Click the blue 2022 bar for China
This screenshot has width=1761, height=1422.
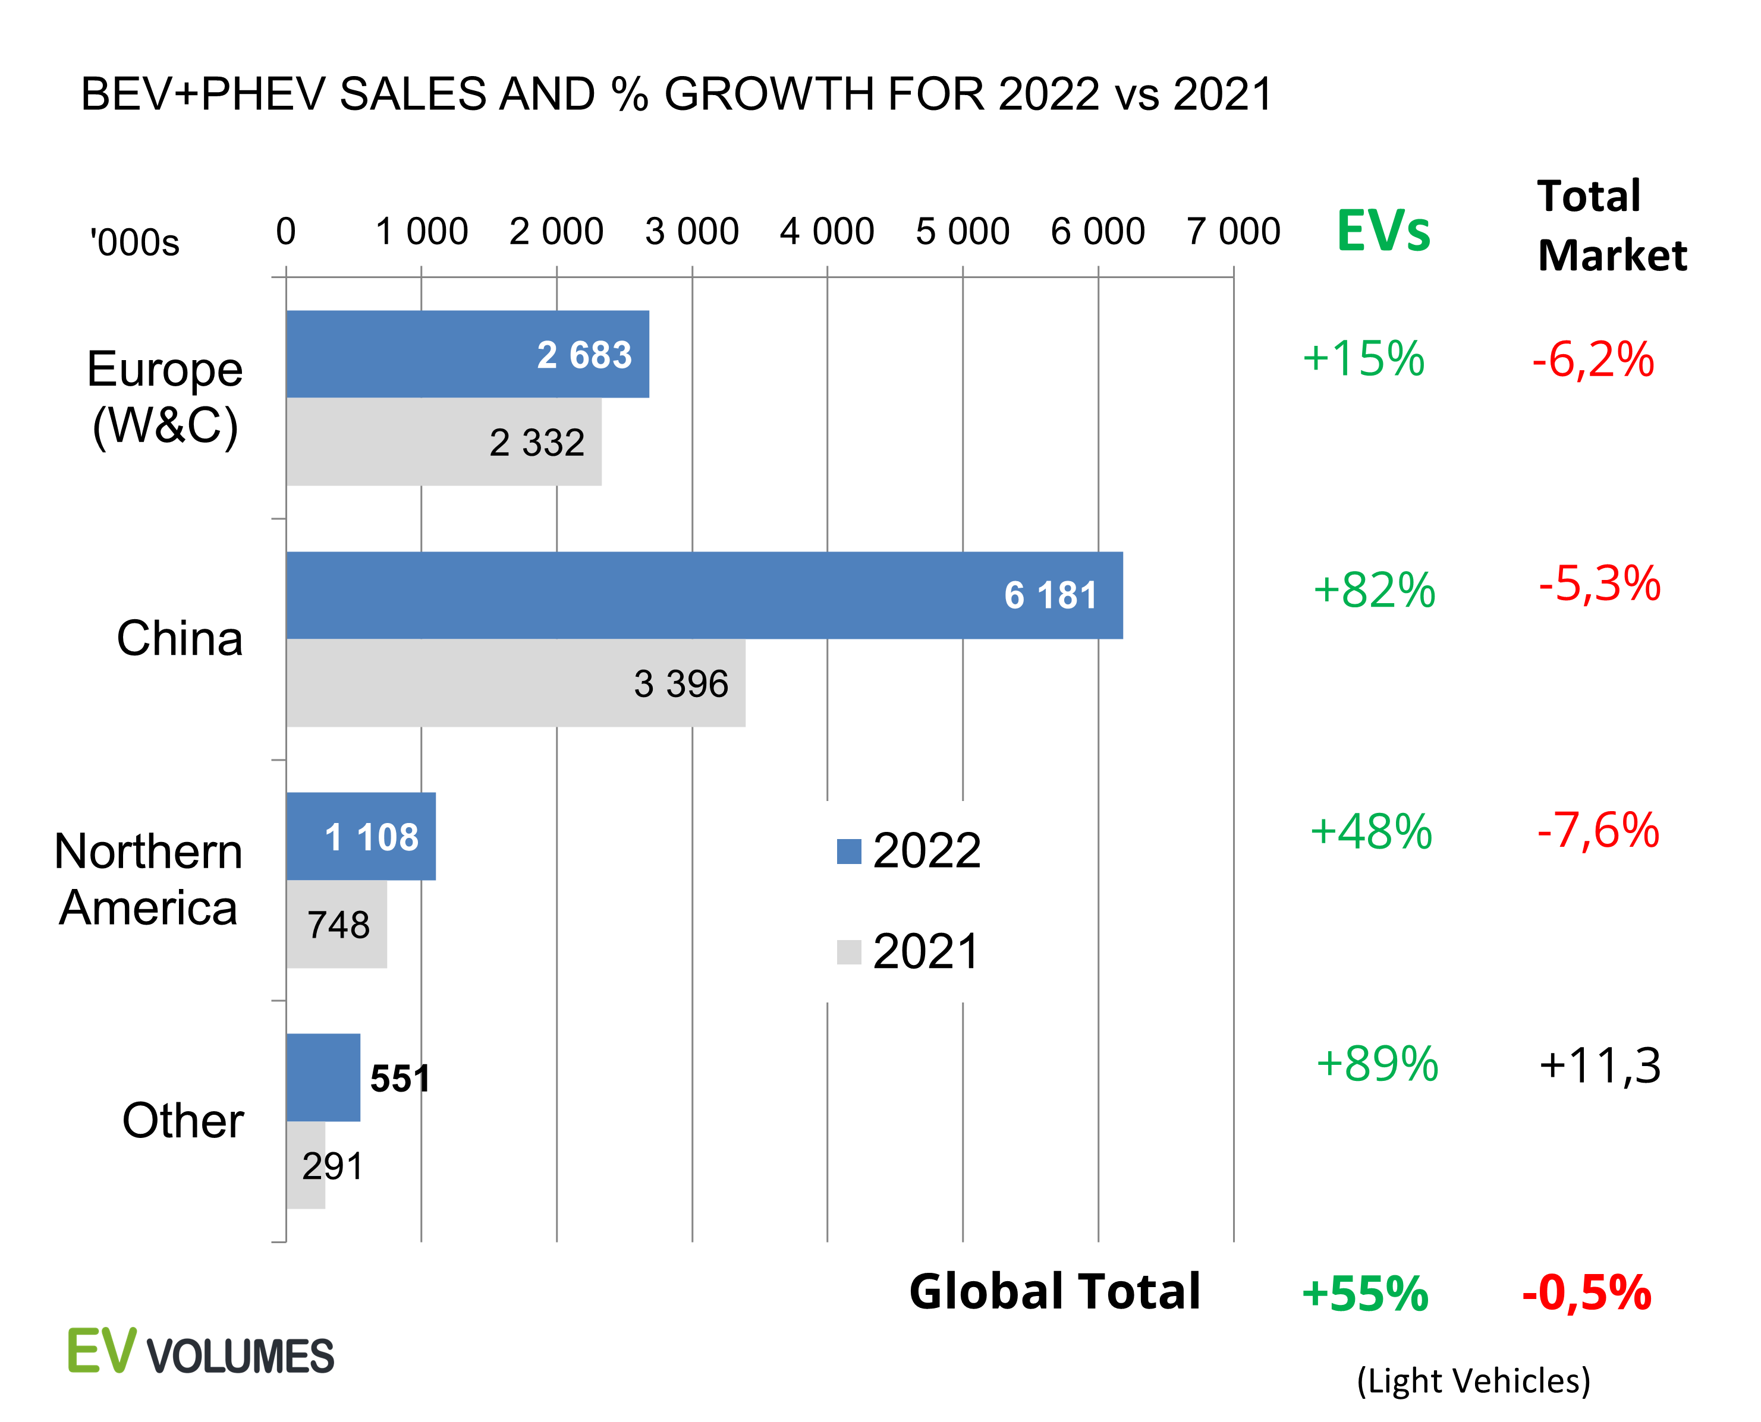click(x=704, y=595)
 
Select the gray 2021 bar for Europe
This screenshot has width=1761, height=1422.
click(x=444, y=442)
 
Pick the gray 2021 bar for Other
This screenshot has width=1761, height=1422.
click(x=306, y=1165)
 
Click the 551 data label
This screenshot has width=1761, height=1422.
click(x=400, y=1078)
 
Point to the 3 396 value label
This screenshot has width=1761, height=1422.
click(x=681, y=683)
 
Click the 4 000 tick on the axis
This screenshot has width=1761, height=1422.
click(x=827, y=231)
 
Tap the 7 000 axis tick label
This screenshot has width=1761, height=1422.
click(x=1233, y=231)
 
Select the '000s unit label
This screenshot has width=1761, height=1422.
click(x=134, y=242)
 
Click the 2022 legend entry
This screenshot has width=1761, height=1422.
click(x=910, y=850)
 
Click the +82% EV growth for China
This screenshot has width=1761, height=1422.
click(x=1374, y=589)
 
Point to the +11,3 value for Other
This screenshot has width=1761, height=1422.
click(x=1599, y=1065)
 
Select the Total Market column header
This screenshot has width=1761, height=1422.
click(x=1612, y=225)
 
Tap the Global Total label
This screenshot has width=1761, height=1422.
click(x=1055, y=1292)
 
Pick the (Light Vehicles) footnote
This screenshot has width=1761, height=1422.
click(x=1473, y=1380)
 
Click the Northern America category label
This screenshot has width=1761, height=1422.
click(x=148, y=879)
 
